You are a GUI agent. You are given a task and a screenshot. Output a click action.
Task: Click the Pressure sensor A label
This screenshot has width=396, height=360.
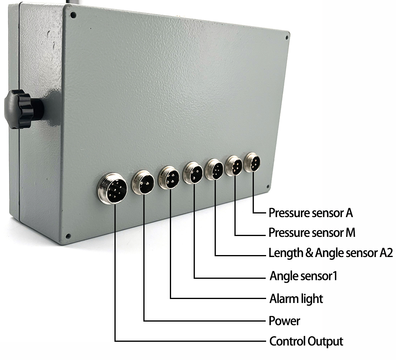(311, 213)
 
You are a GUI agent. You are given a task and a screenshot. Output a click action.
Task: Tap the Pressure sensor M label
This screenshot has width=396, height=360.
(312, 233)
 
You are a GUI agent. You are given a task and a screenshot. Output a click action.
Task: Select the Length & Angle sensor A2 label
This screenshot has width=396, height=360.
(331, 253)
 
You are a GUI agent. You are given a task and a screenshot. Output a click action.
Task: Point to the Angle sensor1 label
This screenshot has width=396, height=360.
(303, 276)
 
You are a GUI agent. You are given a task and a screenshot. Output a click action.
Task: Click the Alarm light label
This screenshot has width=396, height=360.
(296, 298)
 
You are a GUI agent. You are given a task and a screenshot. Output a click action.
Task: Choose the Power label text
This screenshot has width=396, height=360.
(284, 320)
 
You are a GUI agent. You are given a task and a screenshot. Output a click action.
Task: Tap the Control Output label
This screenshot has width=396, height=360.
(306, 341)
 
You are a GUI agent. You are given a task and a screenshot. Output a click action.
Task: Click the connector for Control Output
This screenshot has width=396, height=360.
(113, 188)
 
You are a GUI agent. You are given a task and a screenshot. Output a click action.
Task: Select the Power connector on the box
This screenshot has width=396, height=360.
(143, 182)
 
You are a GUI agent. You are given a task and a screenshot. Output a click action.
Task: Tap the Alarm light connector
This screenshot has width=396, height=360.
(169, 177)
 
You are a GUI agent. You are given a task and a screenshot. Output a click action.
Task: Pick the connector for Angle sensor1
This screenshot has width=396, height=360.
(193, 173)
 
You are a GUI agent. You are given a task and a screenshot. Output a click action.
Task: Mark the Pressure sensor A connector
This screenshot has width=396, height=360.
(253, 162)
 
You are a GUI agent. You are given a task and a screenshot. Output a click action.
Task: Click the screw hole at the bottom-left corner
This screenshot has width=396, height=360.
(68, 236)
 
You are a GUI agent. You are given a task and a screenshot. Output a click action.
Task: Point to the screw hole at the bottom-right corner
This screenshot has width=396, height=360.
(268, 186)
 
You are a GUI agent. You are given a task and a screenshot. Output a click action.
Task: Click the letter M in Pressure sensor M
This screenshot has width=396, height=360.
(350, 233)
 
